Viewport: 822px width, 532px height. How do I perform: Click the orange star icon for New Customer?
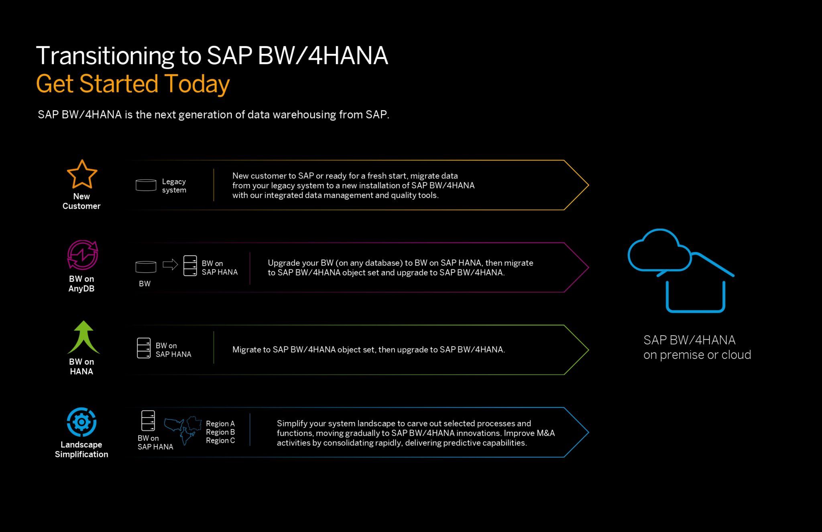click(x=82, y=175)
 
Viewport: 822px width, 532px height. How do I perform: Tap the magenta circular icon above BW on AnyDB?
click(x=82, y=255)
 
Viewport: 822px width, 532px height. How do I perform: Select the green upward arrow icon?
click(x=83, y=337)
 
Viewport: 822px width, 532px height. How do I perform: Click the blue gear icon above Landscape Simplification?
click(x=81, y=422)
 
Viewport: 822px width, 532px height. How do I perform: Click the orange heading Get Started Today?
click(x=133, y=84)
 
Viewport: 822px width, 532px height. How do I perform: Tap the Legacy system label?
click(x=174, y=186)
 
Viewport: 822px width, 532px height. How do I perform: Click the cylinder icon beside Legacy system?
click(x=146, y=185)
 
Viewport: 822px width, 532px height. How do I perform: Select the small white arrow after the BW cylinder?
click(x=170, y=265)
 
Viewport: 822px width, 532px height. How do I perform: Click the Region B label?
click(x=220, y=432)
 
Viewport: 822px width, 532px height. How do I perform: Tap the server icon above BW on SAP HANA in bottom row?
click(x=148, y=420)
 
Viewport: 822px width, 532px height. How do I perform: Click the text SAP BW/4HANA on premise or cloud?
click(x=697, y=347)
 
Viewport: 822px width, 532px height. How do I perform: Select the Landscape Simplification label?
click(x=81, y=450)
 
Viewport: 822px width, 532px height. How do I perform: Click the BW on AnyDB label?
click(x=81, y=284)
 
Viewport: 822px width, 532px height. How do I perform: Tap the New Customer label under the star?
click(x=81, y=201)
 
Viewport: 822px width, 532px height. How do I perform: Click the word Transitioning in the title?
click(x=105, y=56)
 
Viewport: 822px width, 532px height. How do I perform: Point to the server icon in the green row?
click(x=144, y=348)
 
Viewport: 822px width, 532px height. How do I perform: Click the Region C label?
click(x=220, y=440)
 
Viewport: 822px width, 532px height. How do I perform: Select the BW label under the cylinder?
click(x=144, y=283)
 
